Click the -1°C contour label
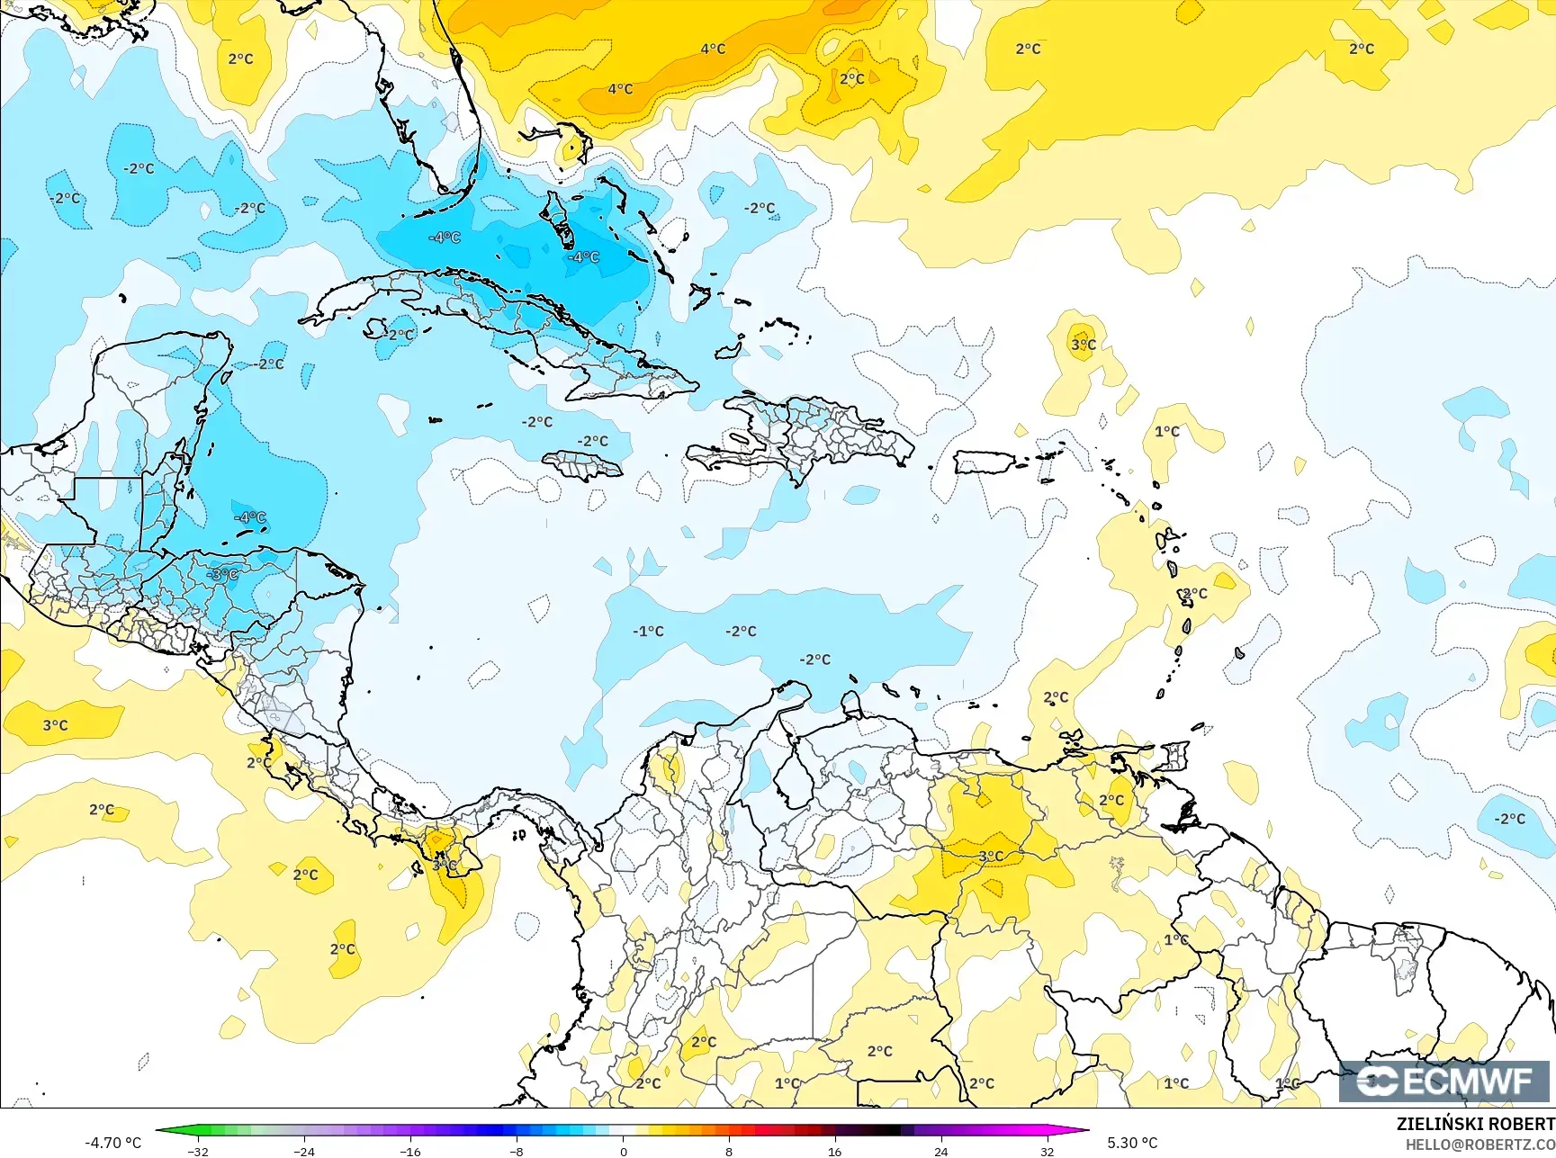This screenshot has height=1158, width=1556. tap(648, 632)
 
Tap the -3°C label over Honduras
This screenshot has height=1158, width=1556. tap(222, 574)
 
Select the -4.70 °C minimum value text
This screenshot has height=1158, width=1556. tap(112, 1143)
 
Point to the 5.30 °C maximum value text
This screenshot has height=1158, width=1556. tap(1132, 1143)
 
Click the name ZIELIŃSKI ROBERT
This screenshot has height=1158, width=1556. tap(1475, 1124)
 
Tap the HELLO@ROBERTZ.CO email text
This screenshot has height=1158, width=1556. tap(1480, 1145)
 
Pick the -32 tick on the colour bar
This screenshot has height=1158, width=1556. tap(198, 1151)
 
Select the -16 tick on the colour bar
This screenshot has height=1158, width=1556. tap(410, 1151)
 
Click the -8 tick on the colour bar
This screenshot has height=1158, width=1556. tap(517, 1151)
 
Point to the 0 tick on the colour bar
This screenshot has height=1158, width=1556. tap(623, 1151)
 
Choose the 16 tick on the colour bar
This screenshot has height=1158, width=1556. tap(835, 1151)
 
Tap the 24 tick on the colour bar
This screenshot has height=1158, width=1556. tap(941, 1151)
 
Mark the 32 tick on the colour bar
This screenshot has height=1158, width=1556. tap(1047, 1151)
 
